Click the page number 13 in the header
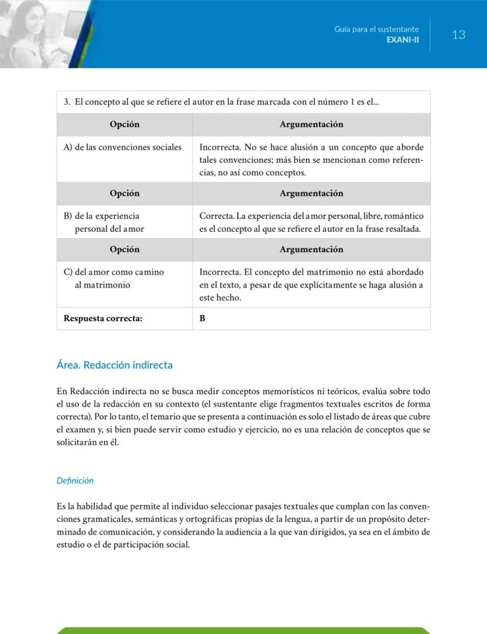click(x=459, y=35)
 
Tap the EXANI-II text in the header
click(x=402, y=40)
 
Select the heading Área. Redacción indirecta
click(x=115, y=365)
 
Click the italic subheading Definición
click(x=75, y=480)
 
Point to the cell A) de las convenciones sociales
click(x=122, y=147)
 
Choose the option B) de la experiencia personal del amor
click(x=104, y=222)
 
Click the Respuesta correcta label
click(x=103, y=318)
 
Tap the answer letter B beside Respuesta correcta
click(x=202, y=318)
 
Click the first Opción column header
click(x=125, y=124)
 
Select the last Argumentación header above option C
click(x=311, y=249)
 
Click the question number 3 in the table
click(x=66, y=102)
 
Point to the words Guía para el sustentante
click(x=376, y=29)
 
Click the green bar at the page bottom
click(x=243, y=630)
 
